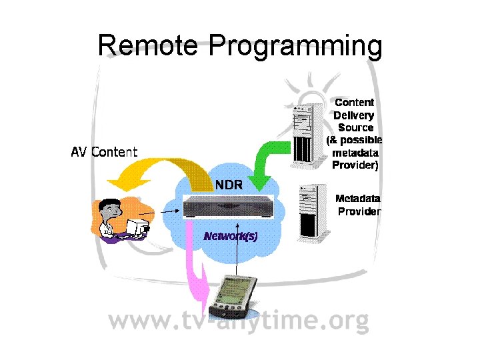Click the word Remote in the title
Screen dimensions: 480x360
click(x=147, y=47)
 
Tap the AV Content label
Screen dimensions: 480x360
click(x=104, y=152)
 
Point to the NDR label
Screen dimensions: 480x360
click(x=228, y=184)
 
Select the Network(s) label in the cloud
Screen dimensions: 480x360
click(x=231, y=236)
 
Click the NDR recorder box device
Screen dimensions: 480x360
click(x=228, y=207)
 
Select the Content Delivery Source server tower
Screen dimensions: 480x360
click(x=303, y=134)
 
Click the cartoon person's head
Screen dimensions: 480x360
click(x=109, y=211)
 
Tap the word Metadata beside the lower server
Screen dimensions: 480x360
click(x=358, y=199)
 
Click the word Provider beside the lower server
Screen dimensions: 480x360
click(x=359, y=211)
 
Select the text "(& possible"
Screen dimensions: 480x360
click(x=354, y=140)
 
